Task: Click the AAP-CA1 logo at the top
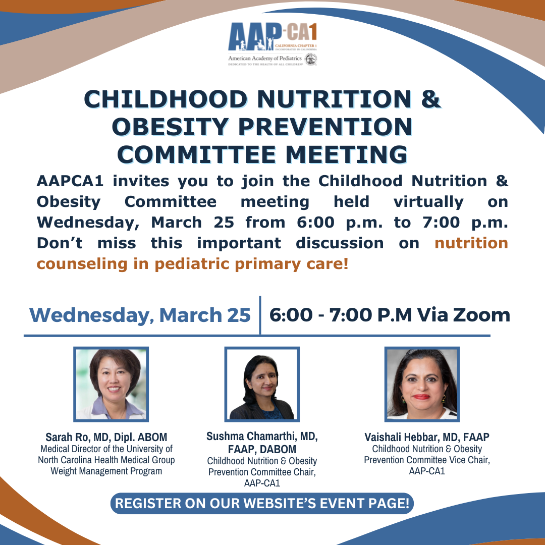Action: click(x=272, y=44)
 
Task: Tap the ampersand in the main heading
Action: click(x=431, y=99)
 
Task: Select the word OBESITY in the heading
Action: click(x=170, y=127)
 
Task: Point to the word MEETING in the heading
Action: click(x=347, y=154)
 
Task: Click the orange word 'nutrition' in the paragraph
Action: click(x=471, y=243)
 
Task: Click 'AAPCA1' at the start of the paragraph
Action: click(x=70, y=181)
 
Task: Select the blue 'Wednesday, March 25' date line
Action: click(x=140, y=315)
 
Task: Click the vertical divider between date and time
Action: click(x=260, y=315)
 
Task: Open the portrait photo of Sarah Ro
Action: click(x=111, y=384)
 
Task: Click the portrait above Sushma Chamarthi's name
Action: click(x=262, y=384)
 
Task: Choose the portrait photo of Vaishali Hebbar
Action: click(x=422, y=384)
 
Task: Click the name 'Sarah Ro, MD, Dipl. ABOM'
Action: click(x=106, y=437)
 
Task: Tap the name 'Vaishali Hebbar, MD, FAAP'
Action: click(x=427, y=437)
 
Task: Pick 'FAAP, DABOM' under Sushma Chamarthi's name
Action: click(x=262, y=449)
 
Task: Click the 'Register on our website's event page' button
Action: click(x=262, y=503)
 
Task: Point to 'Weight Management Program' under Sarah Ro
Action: click(x=106, y=471)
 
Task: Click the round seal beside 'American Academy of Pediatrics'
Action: click(x=311, y=60)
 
